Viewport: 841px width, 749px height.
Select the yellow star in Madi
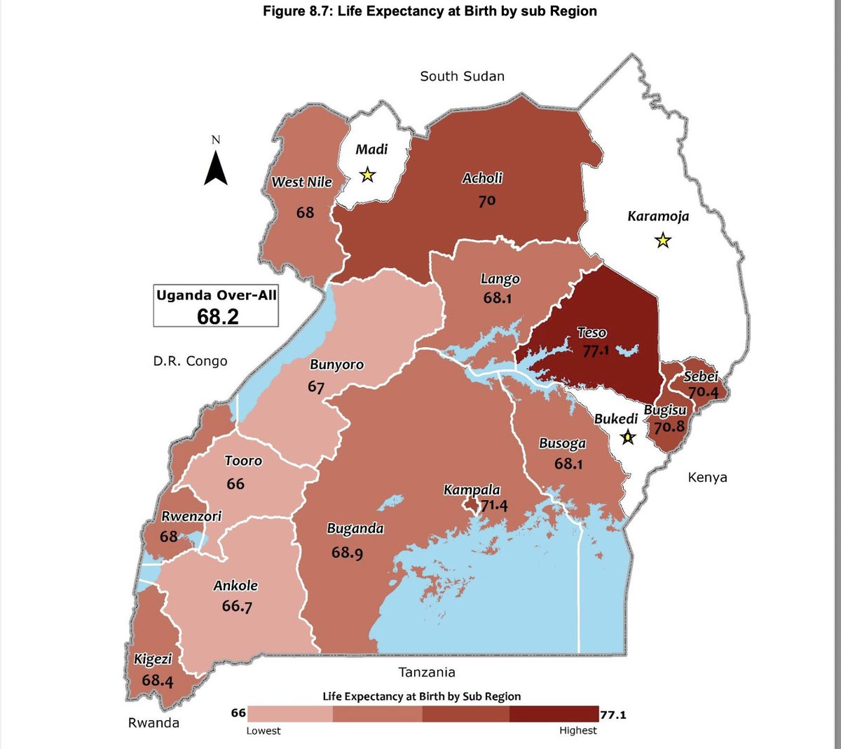click(x=367, y=175)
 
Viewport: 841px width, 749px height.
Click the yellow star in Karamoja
click(x=662, y=241)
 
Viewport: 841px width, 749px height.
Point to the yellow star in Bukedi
click(x=628, y=438)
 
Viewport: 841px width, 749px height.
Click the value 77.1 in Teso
click(x=596, y=350)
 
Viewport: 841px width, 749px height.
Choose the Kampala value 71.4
click(x=494, y=504)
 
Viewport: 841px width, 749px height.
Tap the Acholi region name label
click(x=482, y=178)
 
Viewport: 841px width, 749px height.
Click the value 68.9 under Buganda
click(x=347, y=553)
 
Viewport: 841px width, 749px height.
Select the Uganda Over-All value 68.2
click(x=217, y=316)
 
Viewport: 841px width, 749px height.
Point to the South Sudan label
click(x=462, y=76)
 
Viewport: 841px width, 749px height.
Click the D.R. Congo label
click(x=191, y=361)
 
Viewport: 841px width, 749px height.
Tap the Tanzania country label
click(x=426, y=672)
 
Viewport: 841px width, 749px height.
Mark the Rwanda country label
click(x=153, y=722)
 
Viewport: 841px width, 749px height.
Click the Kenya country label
click(x=707, y=478)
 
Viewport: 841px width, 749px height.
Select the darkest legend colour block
click(x=554, y=714)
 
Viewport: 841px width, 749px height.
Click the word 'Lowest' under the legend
click(x=264, y=731)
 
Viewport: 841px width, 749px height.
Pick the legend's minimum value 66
click(x=238, y=713)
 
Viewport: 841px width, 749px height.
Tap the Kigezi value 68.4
click(x=157, y=680)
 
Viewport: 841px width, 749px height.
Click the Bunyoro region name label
click(x=336, y=365)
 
